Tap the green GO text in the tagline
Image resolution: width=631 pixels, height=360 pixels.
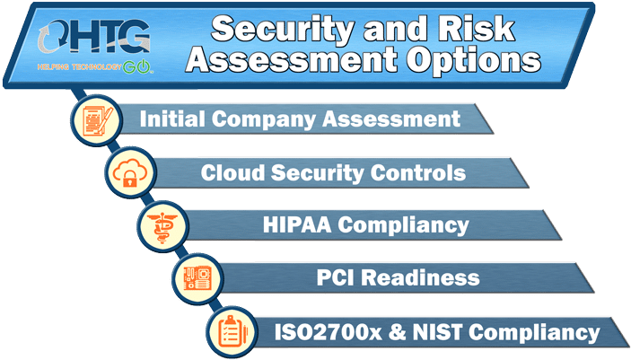(x=136, y=66)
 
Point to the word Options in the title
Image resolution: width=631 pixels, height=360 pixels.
(x=473, y=60)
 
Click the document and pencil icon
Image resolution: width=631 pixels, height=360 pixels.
(x=97, y=120)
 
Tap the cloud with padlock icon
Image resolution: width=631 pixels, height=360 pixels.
(x=129, y=172)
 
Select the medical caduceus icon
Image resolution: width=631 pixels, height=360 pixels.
(x=162, y=227)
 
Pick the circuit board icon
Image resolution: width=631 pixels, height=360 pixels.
(x=197, y=278)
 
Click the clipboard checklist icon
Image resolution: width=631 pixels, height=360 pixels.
(x=232, y=332)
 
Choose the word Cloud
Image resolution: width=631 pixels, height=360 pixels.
(x=232, y=172)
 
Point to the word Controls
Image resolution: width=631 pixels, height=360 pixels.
(x=417, y=172)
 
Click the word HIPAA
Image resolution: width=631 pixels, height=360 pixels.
(x=297, y=224)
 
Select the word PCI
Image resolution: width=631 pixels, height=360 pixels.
(x=336, y=277)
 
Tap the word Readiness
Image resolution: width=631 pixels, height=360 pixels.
(x=420, y=277)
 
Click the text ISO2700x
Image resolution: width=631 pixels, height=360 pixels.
(x=328, y=332)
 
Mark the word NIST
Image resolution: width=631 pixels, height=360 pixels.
(x=437, y=332)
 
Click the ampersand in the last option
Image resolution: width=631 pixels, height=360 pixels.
(x=398, y=332)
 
